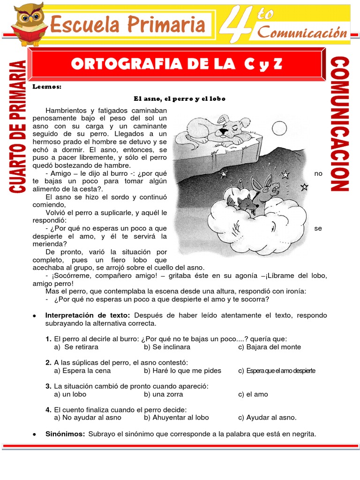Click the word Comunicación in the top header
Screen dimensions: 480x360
tap(303, 33)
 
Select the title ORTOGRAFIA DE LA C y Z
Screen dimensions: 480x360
tap(177, 65)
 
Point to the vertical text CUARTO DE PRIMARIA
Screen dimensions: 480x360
tap(17, 126)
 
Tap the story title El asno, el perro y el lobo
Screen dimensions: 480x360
tap(180, 98)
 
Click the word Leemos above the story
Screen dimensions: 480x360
tap(47, 87)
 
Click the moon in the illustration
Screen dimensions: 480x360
tap(279, 127)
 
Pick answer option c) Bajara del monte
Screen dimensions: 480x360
tap(269, 347)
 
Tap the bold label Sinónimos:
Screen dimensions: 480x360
tap(65, 434)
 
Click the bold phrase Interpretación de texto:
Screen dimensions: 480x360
tap(87, 315)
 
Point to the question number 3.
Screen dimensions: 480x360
tap(48, 386)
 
